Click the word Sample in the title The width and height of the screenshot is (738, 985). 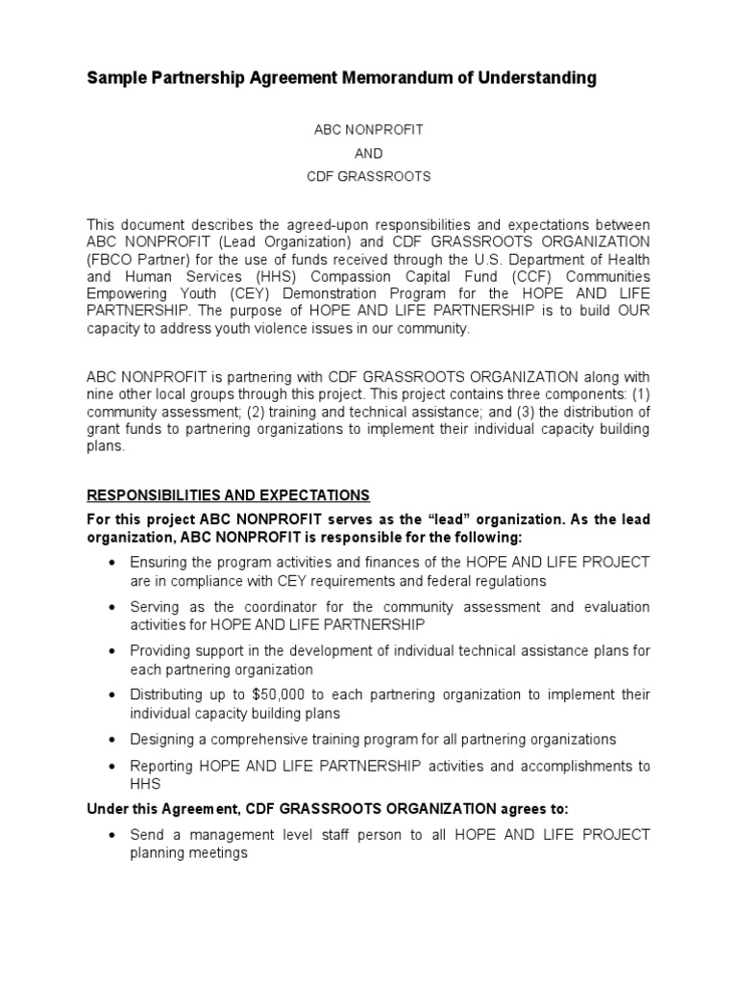click(x=118, y=78)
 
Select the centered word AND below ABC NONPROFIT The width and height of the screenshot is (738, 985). click(x=368, y=152)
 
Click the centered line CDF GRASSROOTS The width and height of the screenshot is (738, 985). click(x=368, y=177)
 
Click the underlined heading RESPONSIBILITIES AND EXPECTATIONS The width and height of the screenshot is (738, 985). click(x=228, y=494)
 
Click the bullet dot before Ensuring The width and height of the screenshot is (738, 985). click(x=113, y=563)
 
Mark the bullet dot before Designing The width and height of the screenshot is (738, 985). click(x=113, y=740)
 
